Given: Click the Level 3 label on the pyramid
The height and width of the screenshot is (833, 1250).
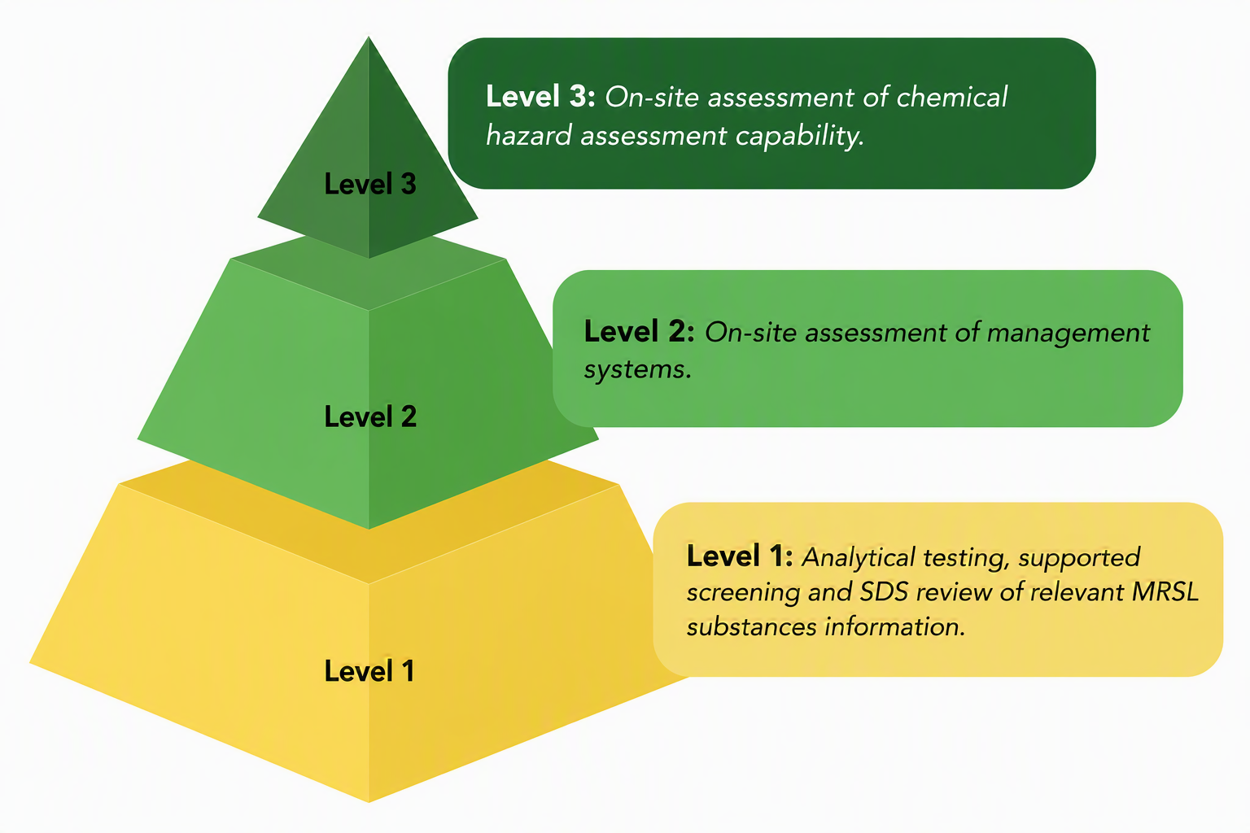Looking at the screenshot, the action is (x=370, y=184).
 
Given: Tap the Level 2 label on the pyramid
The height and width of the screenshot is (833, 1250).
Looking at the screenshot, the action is (x=370, y=416).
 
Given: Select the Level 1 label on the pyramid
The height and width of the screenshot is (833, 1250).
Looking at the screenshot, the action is (x=369, y=670).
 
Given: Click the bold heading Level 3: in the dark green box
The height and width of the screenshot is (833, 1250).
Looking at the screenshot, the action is (x=540, y=96).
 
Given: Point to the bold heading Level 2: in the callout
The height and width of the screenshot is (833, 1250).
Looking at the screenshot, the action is (x=639, y=331).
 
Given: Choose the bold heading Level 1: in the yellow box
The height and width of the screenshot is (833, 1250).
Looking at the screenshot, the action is (x=740, y=556).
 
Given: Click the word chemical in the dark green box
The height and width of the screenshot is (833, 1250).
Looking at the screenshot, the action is (x=951, y=97).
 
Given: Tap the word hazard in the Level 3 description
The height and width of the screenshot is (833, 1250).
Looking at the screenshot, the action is (x=528, y=135).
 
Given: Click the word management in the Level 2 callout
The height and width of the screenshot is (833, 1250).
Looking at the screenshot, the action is (x=1068, y=334).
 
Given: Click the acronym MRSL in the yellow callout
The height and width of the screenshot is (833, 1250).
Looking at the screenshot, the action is (x=1165, y=592).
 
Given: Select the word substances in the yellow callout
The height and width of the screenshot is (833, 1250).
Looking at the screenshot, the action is (x=752, y=626).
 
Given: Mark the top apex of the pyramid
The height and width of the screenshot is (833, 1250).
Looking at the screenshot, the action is (x=369, y=37).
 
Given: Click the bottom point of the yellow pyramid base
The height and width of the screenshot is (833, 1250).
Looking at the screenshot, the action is (x=369, y=802).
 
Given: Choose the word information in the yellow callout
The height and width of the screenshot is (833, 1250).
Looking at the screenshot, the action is (x=894, y=626).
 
